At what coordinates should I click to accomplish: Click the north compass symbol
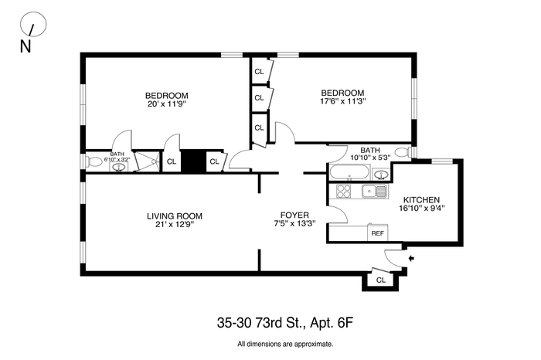[33, 24]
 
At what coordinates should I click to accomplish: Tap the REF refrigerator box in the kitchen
[377, 233]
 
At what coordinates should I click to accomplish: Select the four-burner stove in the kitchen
[343, 191]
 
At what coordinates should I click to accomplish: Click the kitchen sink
[374, 191]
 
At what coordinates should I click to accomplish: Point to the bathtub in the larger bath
[349, 172]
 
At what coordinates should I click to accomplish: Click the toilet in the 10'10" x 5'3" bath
[402, 152]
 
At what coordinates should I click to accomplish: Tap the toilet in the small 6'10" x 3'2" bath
[93, 161]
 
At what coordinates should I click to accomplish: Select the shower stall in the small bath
[148, 161]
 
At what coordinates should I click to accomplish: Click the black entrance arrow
[411, 258]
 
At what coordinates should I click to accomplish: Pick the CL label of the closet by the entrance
[380, 280]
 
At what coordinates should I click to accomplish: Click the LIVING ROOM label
[175, 216]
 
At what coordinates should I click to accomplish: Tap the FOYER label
[294, 216]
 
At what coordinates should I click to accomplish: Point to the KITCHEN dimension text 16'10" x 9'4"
[422, 209]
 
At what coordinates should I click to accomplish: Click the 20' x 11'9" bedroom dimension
[167, 104]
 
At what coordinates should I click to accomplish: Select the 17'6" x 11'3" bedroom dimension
[342, 101]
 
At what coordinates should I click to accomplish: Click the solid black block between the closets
[193, 161]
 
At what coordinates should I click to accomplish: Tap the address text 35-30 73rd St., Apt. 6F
[285, 323]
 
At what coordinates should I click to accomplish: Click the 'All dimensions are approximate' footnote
[285, 344]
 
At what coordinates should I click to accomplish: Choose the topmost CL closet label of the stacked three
[259, 72]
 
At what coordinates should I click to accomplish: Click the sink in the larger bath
[381, 175]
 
